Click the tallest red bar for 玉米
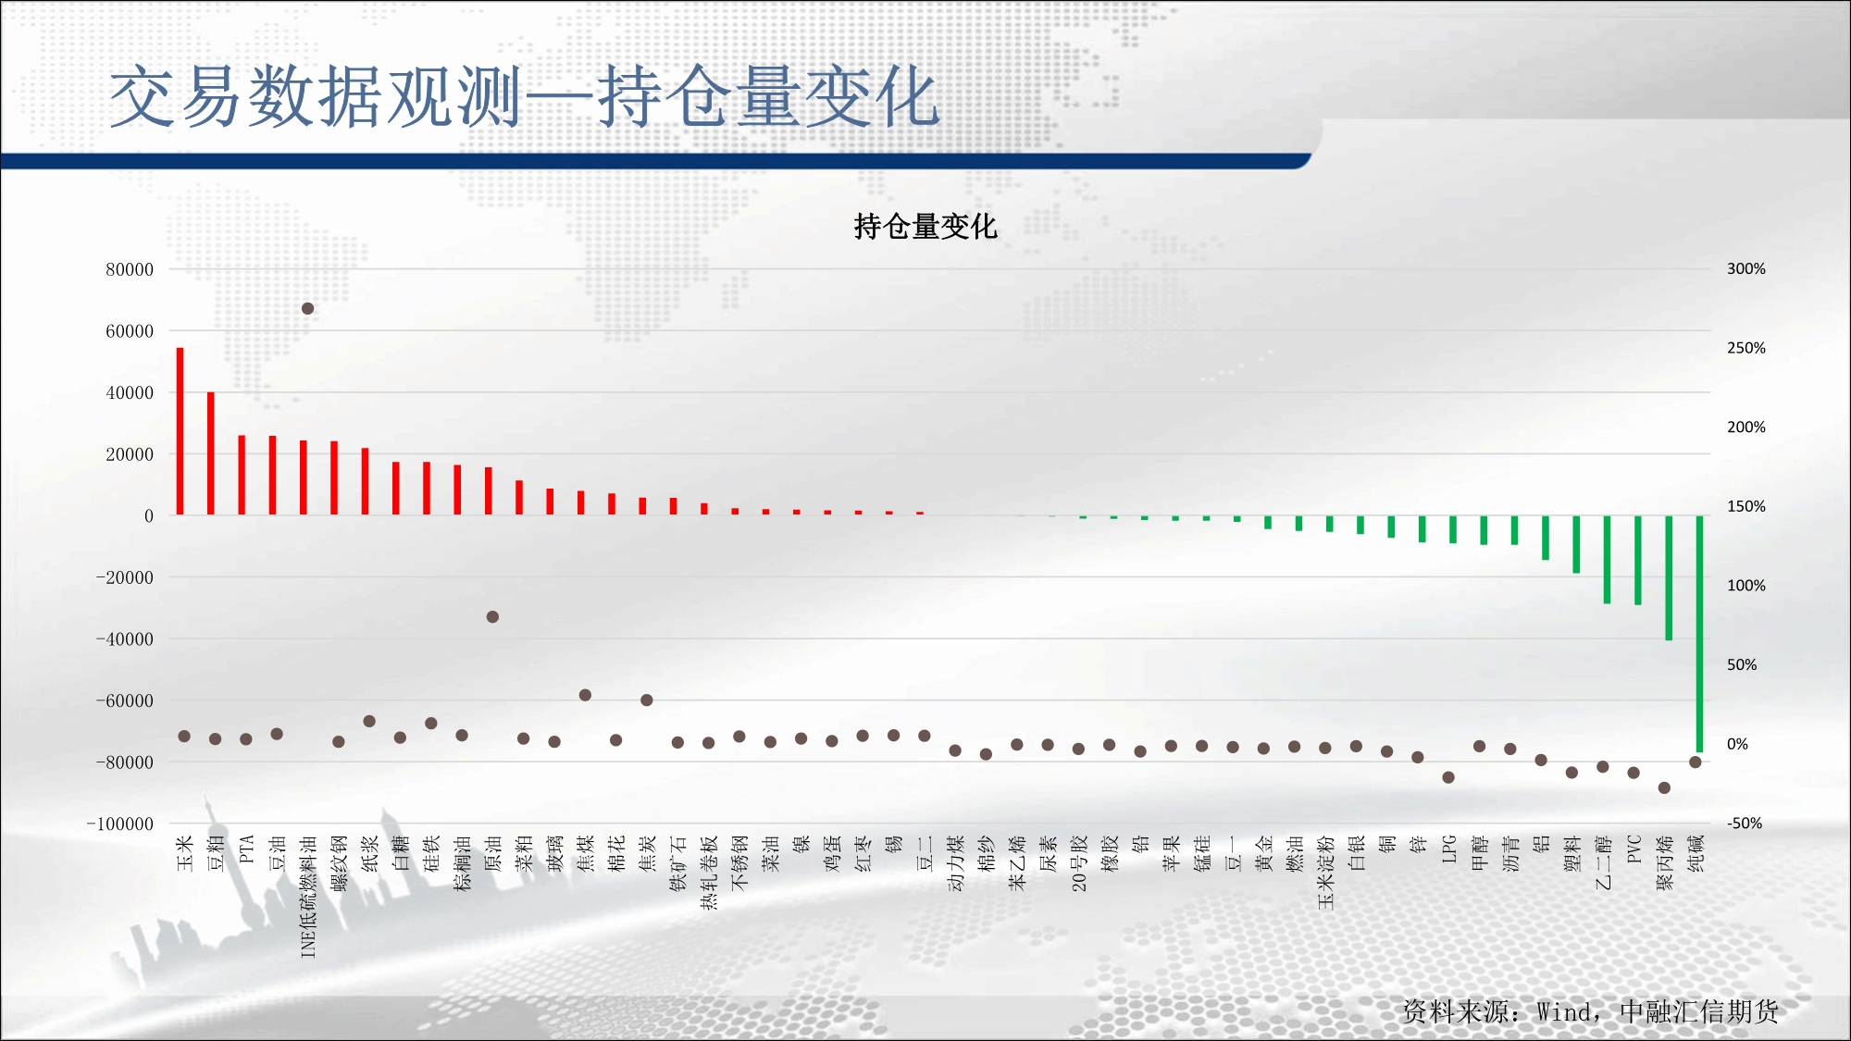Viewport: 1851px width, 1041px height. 180,431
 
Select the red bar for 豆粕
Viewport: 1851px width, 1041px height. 211,453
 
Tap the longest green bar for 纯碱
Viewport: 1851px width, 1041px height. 1699,634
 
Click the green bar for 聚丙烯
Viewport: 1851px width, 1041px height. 1669,578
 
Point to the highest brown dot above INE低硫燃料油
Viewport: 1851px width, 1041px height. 307,308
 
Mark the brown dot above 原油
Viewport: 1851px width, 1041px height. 492,616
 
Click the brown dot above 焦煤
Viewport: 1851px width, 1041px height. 585,695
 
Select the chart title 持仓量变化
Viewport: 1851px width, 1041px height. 925,227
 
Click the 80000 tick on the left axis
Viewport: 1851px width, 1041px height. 130,269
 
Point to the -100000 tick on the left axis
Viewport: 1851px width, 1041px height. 120,824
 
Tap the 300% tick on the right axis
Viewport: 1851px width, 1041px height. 1746,268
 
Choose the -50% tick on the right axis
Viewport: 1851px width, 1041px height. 1745,823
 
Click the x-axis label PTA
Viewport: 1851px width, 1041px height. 246,849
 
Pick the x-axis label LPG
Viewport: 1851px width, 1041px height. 1449,849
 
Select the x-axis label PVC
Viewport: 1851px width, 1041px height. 1634,849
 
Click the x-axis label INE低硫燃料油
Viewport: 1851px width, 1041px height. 308,897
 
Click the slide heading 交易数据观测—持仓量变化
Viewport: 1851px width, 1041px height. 525,96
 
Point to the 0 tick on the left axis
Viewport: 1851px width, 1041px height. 148,516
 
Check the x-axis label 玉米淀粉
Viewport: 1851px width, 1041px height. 1326,872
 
